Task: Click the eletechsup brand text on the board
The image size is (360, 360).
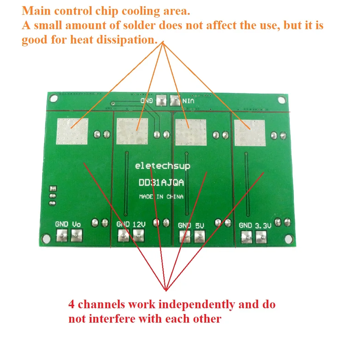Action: [163, 166]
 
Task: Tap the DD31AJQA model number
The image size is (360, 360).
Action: [161, 183]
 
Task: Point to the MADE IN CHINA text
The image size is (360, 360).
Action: [161, 197]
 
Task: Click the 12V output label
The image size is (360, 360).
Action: [139, 225]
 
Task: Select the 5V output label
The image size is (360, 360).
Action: [200, 226]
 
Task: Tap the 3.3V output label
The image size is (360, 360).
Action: [263, 226]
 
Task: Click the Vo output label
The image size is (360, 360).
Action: [76, 224]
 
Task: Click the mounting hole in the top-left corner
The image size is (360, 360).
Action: [52, 98]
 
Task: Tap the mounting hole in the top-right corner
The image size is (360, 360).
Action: [281, 100]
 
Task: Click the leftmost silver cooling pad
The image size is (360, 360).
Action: [72, 131]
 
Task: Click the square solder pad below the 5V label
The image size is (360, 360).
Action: [199, 236]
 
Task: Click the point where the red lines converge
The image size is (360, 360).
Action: [166, 290]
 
